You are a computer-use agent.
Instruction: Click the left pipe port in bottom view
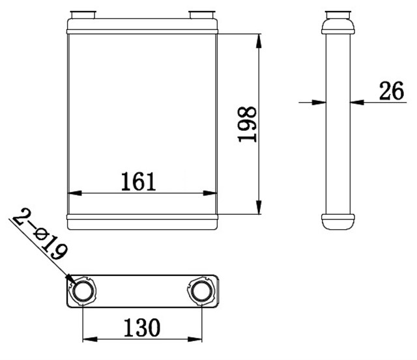83,290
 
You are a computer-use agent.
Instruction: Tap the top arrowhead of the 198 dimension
260,38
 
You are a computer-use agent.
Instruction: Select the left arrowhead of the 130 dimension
89,339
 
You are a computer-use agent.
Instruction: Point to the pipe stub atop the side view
338,15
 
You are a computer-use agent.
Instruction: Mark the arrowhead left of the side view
319,101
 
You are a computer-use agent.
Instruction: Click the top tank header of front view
142,26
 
